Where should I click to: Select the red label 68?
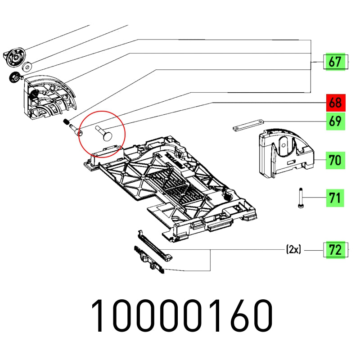(x=335, y=103)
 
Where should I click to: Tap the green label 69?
(x=335, y=121)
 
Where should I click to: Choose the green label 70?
(x=335, y=160)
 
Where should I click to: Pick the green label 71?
(x=335, y=197)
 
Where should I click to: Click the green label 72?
(x=335, y=250)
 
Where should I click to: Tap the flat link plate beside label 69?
(x=248, y=125)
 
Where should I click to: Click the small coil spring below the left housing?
(x=67, y=121)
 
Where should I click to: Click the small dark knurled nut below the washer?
(x=14, y=77)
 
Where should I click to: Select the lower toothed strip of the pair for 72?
(x=148, y=260)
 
